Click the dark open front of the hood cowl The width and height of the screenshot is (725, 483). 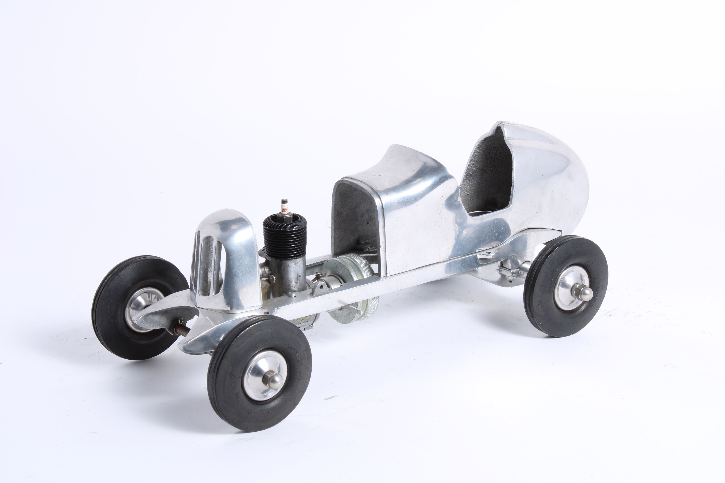tap(354, 216)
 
